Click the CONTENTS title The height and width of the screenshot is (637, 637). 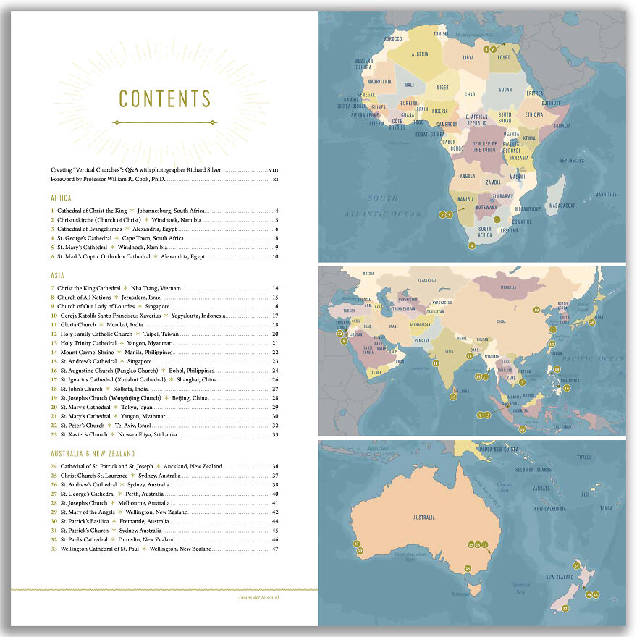[x=165, y=99]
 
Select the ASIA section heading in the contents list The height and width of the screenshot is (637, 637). [x=59, y=276]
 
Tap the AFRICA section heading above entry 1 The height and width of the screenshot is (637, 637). [x=62, y=198]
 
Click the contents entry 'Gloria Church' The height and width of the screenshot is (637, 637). [x=77, y=325]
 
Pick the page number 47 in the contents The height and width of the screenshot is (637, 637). [x=275, y=549]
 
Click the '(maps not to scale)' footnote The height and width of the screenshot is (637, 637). [x=258, y=597]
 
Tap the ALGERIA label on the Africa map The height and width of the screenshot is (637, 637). [x=420, y=54]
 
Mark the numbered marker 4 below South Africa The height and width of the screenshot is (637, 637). [x=472, y=246]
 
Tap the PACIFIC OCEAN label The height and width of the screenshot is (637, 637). [x=598, y=358]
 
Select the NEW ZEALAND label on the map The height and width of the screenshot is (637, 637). [x=560, y=577]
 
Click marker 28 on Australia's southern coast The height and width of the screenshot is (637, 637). [x=468, y=568]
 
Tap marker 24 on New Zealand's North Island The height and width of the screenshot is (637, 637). [x=576, y=565]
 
